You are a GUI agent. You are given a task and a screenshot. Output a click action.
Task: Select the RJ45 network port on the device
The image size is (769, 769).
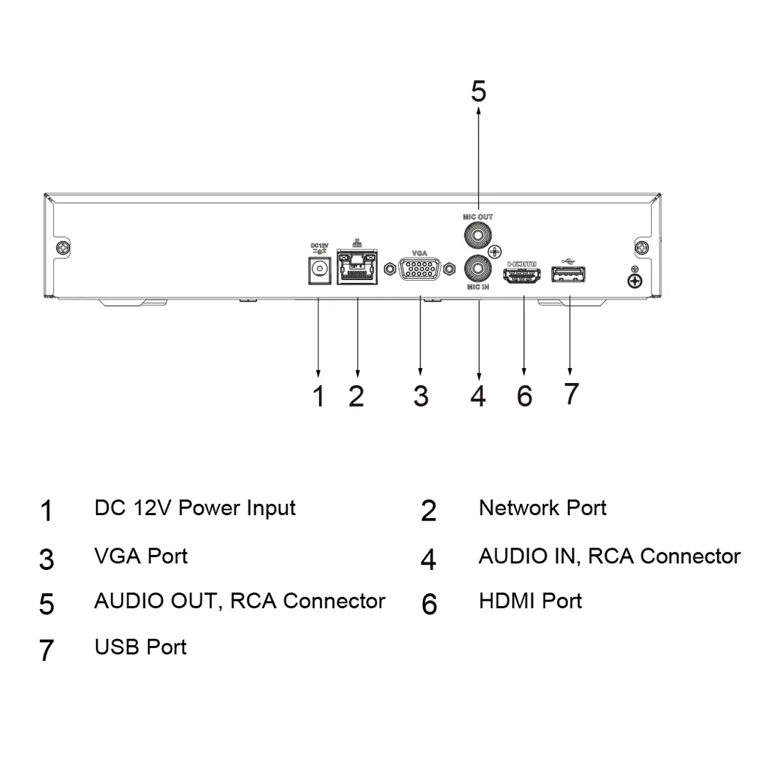[357, 269]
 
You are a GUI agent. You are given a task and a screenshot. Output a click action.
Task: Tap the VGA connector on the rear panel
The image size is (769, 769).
[419, 270]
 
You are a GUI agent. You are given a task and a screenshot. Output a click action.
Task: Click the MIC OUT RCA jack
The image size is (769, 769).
[478, 234]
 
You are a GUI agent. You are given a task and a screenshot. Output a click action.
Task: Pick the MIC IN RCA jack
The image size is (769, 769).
[478, 267]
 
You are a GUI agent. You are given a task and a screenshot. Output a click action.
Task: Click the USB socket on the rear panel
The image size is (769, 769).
[569, 276]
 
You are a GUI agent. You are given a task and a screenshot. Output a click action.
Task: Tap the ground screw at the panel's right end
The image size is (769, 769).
[635, 281]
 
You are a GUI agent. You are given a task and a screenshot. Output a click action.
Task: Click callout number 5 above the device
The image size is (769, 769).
[478, 92]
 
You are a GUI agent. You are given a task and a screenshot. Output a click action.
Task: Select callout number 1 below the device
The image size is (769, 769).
[318, 396]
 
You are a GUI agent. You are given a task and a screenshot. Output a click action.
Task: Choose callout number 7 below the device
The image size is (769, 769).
[571, 393]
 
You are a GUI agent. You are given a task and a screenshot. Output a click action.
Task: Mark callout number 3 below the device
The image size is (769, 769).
[421, 396]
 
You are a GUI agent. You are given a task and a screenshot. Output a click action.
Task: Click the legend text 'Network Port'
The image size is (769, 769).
[542, 508]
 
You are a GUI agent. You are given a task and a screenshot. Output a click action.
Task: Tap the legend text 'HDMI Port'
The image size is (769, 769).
[530, 601]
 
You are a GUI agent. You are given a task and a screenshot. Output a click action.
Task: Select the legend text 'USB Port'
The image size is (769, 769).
[140, 647]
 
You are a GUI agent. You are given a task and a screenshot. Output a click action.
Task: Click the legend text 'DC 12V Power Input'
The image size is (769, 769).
[195, 508]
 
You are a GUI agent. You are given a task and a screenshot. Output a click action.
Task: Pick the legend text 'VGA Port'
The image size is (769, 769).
[140, 556]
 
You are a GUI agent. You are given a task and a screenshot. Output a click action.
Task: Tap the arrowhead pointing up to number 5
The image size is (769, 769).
[478, 112]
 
